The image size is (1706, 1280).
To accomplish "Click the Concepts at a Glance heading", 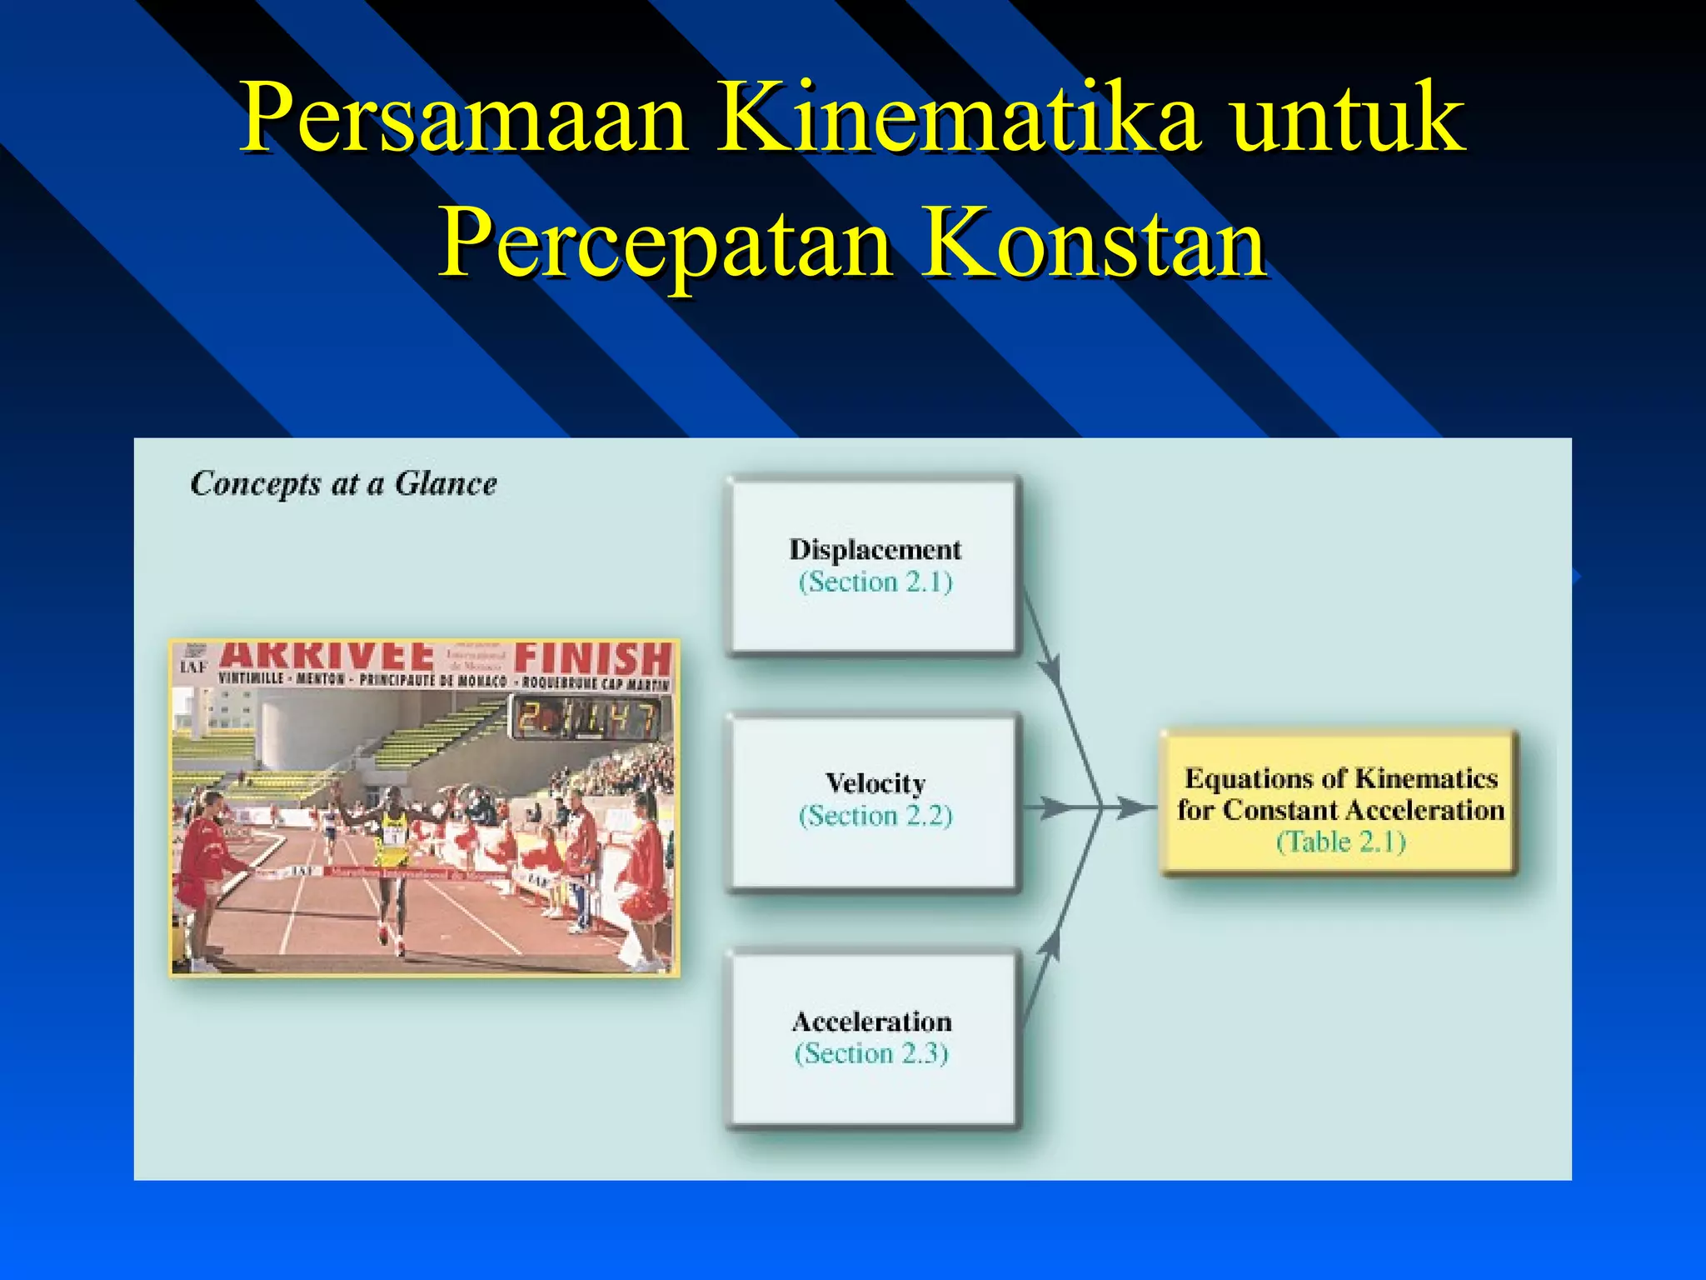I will pyautogui.click(x=343, y=484).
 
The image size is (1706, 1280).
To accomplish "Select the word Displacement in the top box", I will pyautogui.click(x=875, y=550).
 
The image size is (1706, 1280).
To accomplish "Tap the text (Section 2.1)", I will pyautogui.click(x=875, y=582).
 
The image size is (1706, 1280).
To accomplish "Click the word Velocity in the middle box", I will pyautogui.click(x=875, y=783).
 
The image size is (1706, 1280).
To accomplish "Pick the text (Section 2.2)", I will pyautogui.click(x=875, y=815).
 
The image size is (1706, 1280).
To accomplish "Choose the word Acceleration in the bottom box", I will pyautogui.click(x=871, y=1022).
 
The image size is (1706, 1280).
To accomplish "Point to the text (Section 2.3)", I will pyautogui.click(x=871, y=1053).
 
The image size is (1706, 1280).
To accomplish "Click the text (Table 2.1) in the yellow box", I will pyautogui.click(x=1340, y=842).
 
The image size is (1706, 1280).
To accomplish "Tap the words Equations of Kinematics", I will pyautogui.click(x=1340, y=778).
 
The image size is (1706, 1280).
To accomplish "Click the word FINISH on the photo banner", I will pyautogui.click(x=592, y=659).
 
